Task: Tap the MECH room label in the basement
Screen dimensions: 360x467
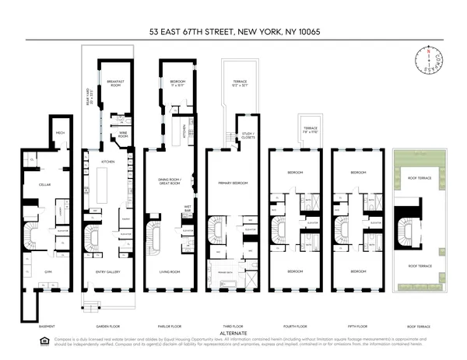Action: [59, 133]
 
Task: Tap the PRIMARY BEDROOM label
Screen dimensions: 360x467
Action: [233, 183]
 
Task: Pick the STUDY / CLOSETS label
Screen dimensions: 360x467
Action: [248, 135]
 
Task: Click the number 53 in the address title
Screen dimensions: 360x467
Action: [156, 33]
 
